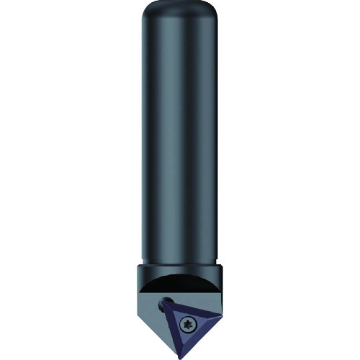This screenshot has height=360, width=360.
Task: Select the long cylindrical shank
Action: click(180, 144)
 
